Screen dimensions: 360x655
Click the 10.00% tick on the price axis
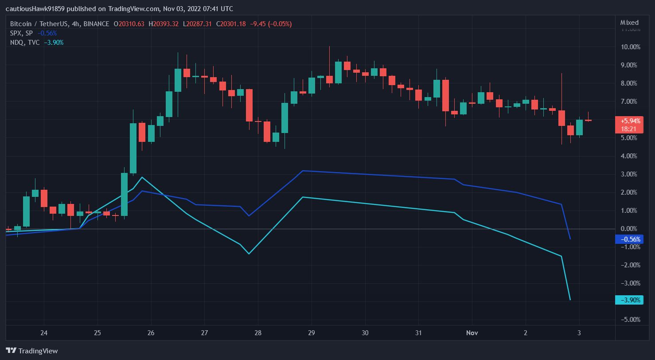click(630, 47)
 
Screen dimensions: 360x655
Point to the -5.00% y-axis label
click(630, 320)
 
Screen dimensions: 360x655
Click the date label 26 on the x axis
click(151, 333)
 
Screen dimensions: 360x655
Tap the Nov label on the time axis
click(472, 333)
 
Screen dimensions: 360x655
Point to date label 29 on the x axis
click(312, 333)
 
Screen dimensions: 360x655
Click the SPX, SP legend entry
click(21, 33)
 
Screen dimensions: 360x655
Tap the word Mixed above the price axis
click(629, 23)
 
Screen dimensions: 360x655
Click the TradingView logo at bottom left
click(32, 351)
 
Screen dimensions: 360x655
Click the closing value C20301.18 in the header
click(230, 24)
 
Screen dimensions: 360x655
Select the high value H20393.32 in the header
click(164, 24)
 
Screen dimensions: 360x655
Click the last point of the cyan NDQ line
click(570, 300)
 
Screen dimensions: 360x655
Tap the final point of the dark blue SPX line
click(570, 239)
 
